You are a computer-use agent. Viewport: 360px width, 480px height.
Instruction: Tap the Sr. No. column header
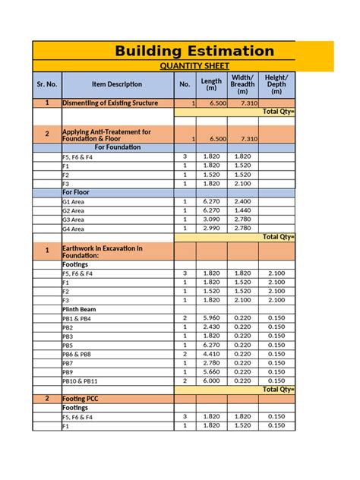[46, 84]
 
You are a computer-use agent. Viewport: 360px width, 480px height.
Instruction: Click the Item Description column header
[116, 84]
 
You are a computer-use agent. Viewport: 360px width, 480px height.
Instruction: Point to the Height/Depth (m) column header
[276, 84]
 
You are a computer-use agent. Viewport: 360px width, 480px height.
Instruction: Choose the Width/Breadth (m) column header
[242, 84]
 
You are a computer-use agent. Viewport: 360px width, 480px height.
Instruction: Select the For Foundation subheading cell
[117, 147]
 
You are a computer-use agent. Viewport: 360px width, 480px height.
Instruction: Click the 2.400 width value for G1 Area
[242, 202]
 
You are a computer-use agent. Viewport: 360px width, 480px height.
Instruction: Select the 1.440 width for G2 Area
[242, 210]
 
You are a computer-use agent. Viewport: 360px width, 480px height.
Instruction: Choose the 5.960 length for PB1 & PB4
[211, 318]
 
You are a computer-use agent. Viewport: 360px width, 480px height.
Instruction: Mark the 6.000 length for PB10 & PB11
[211, 380]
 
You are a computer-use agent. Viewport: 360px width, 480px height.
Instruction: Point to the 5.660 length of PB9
[211, 371]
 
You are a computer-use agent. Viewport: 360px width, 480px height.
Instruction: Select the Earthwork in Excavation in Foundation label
[102, 251]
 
